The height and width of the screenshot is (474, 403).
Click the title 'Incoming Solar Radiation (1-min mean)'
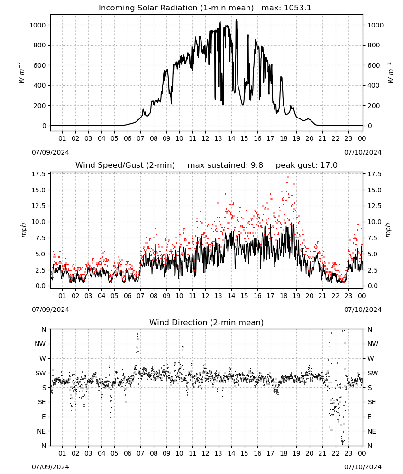point(176,8)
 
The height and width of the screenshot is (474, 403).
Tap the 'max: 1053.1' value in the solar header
point(286,8)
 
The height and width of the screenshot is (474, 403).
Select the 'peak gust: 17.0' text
point(307,165)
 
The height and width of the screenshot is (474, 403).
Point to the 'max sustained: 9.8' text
point(225,165)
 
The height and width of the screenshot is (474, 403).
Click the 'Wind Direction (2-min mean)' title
point(207,322)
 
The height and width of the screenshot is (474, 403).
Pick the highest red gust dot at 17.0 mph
point(288,177)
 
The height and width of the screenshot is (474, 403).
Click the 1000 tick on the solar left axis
point(37,25)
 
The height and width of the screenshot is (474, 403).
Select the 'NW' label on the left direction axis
point(40,344)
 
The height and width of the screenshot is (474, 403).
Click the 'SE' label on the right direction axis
point(372,402)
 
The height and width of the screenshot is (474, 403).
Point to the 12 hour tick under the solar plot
point(206,138)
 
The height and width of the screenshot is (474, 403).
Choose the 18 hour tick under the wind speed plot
point(284,296)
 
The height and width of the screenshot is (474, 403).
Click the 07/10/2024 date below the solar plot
point(363,152)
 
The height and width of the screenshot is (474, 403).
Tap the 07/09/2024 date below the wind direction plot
point(50,467)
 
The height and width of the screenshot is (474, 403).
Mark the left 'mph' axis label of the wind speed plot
point(23,230)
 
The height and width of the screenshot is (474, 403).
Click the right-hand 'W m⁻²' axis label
point(390,73)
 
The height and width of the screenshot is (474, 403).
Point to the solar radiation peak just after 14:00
point(237,20)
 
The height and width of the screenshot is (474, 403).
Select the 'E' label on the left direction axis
point(44,417)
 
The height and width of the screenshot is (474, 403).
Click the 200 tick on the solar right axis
point(374,106)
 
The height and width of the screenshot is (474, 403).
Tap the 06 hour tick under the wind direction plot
point(128,453)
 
